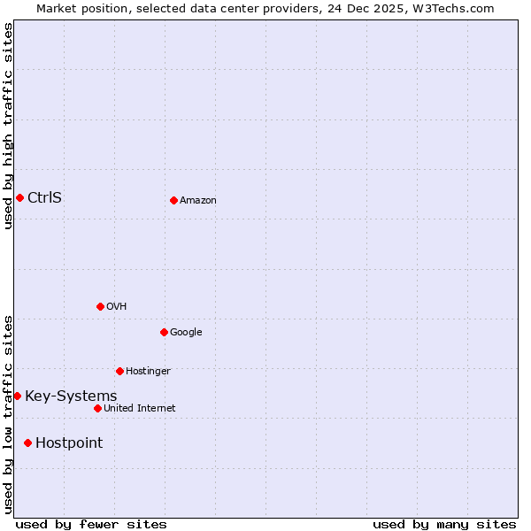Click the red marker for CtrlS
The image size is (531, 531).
pyautogui.click(x=19, y=197)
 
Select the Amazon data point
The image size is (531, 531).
pyautogui.click(x=173, y=200)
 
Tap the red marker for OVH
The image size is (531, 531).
pyautogui.click(x=100, y=306)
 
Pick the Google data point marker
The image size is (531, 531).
pyautogui.click(x=164, y=332)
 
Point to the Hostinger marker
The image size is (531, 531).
pyautogui.click(x=119, y=371)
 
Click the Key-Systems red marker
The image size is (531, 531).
pyautogui.click(x=17, y=396)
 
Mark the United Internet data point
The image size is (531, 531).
pyautogui.click(x=97, y=408)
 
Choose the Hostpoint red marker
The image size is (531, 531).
pyautogui.click(x=27, y=442)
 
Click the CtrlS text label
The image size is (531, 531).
pyautogui.click(x=44, y=197)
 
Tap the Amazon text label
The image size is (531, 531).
pyautogui.click(x=197, y=200)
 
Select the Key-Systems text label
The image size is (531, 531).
pyautogui.click(x=71, y=396)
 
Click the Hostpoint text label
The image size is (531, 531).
pyautogui.click(x=69, y=442)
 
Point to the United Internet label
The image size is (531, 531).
pyautogui.click(x=139, y=408)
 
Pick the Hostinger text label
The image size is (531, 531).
pyautogui.click(x=148, y=371)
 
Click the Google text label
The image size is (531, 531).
pyautogui.click(x=186, y=332)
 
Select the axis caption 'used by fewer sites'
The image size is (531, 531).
pyautogui.click(x=91, y=524)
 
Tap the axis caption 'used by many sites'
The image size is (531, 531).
pyautogui.click(x=443, y=524)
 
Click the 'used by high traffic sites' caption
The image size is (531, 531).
pyautogui.click(x=8, y=126)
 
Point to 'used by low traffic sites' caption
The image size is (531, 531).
pyautogui.click(x=8, y=413)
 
